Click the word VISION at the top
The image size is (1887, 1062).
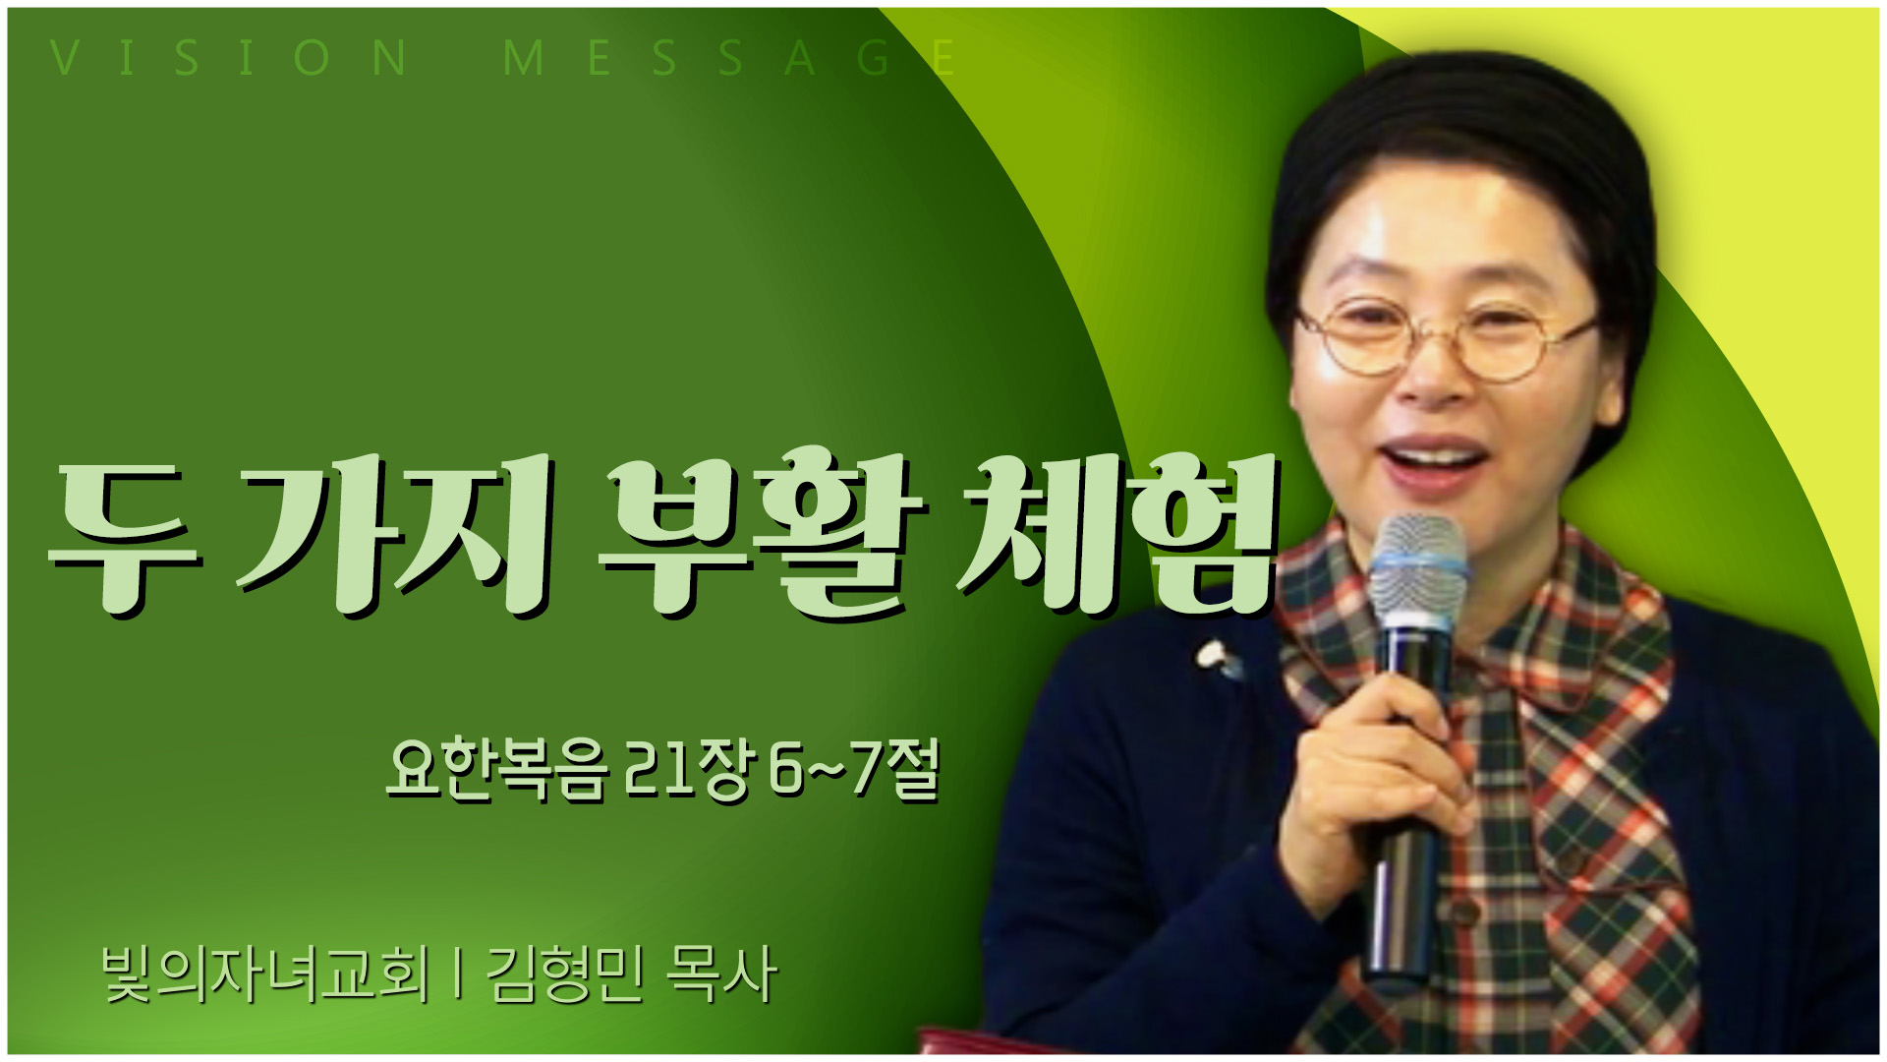pos(229,58)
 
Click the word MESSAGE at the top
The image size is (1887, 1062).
pos(729,58)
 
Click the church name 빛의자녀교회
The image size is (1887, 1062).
pos(265,974)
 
